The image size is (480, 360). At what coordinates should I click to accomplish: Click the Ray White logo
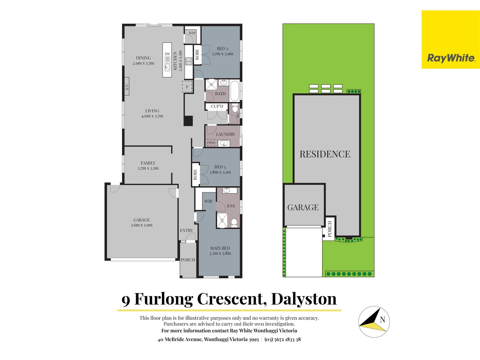tap(451, 58)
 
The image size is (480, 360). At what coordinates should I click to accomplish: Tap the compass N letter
tap(382, 320)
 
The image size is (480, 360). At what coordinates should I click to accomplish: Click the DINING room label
tap(143, 58)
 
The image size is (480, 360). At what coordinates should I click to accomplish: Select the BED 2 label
tap(222, 49)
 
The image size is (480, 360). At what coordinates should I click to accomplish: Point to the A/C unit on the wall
tap(127, 87)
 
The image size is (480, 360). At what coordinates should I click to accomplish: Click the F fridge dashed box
tap(187, 87)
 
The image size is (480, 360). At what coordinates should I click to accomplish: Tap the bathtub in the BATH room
tap(235, 90)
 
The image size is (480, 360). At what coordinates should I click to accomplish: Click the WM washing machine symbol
tap(211, 143)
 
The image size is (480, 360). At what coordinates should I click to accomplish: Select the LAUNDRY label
tap(225, 134)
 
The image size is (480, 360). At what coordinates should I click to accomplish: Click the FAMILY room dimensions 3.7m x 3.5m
tap(148, 168)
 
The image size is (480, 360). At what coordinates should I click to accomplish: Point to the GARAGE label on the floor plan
tap(142, 220)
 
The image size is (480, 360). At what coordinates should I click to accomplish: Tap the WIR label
tap(208, 201)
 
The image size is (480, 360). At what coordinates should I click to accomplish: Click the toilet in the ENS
tap(234, 222)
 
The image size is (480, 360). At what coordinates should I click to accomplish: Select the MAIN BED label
tap(220, 248)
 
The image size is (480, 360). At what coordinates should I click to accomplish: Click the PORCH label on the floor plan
tap(188, 260)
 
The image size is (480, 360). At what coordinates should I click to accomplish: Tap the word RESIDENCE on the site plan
tap(325, 154)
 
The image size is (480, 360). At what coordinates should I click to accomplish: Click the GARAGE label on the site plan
tap(303, 207)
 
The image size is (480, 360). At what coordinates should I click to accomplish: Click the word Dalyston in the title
tap(304, 299)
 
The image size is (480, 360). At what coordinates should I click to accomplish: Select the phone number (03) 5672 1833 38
tap(283, 339)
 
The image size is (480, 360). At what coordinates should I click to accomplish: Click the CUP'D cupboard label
tap(217, 106)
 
